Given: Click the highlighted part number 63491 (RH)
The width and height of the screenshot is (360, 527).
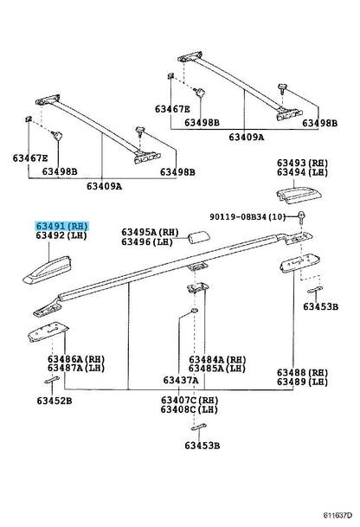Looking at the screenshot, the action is [x=61, y=226].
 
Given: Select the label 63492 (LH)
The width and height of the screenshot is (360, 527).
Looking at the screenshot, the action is [x=61, y=235].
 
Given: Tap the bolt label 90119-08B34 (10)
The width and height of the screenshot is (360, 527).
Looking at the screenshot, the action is [x=247, y=217].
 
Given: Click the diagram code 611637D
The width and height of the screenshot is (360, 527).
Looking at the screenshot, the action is [x=337, y=515].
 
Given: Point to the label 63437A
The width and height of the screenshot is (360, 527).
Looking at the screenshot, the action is [x=181, y=380].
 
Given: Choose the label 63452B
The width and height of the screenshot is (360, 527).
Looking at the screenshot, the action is [x=55, y=401].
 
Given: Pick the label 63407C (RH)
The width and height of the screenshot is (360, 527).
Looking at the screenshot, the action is [x=190, y=400].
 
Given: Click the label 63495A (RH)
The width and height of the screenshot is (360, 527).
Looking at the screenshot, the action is [x=150, y=232].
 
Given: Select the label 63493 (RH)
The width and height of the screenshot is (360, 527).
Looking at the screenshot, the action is [x=302, y=163].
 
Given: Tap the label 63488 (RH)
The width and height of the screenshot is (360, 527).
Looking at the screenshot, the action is [x=302, y=372].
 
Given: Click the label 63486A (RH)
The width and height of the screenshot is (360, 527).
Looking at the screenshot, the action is [x=76, y=359].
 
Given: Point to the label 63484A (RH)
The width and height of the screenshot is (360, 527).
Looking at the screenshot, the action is [x=217, y=360].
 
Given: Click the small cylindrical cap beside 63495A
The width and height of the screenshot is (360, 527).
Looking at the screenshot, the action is [x=199, y=237].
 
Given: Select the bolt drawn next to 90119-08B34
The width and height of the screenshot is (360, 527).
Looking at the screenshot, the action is [x=301, y=217].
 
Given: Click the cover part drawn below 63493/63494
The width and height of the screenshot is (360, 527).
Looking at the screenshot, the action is [x=299, y=196].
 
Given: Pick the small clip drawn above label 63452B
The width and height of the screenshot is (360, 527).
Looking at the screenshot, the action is [x=52, y=380].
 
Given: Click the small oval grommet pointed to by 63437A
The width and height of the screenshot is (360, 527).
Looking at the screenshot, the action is [x=194, y=310].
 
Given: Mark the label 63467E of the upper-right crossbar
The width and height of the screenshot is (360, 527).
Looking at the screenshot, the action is [x=172, y=109].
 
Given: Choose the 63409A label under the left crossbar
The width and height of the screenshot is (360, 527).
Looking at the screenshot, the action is [x=104, y=186].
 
